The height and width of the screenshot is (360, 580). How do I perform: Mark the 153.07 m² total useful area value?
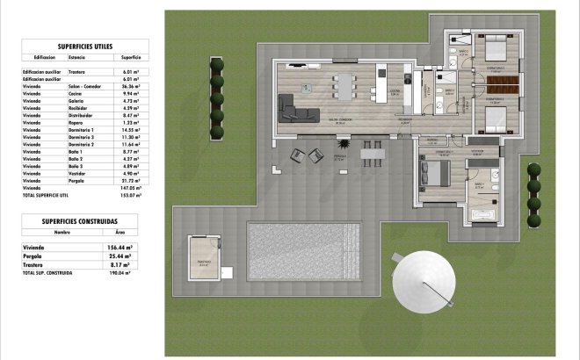129,195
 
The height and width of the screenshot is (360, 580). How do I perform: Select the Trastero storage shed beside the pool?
204,258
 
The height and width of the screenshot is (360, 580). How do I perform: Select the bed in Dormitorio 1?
435,171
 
